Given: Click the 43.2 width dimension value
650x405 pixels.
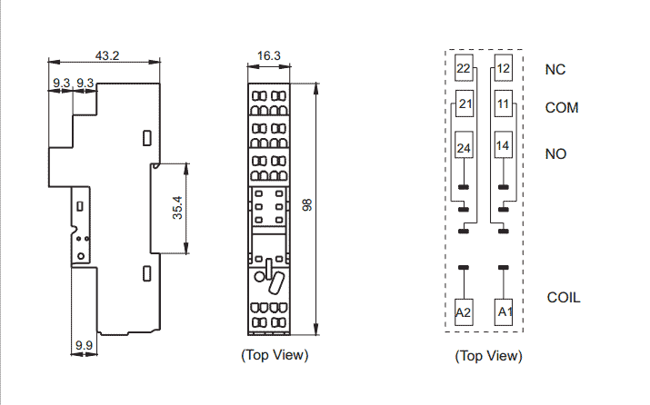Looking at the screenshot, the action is click(x=107, y=55).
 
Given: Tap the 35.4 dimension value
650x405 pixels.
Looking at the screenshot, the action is click(x=177, y=208).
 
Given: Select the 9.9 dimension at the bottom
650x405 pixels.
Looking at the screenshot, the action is click(x=85, y=345).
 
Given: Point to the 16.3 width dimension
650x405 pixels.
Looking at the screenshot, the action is click(x=268, y=55).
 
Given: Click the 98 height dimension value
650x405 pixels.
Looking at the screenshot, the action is click(x=307, y=205).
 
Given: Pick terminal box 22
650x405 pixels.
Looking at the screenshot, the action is click(x=464, y=68).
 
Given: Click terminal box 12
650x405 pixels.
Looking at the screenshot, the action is click(x=504, y=68).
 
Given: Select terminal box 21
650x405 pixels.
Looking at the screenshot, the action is click(x=465, y=104).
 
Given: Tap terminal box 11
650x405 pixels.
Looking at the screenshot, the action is click(x=504, y=104).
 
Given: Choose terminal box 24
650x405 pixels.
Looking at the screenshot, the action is click(x=464, y=145).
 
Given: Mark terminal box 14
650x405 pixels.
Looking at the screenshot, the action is click(x=504, y=145).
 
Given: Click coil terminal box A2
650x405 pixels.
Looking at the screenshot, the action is click(x=464, y=312).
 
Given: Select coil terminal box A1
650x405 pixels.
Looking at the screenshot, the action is click(x=504, y=312).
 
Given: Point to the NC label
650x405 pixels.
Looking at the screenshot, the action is click(x=555, y=70).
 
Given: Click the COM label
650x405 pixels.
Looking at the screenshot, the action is click(x=562, y=108).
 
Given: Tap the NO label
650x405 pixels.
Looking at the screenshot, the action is click(x=555, y=154).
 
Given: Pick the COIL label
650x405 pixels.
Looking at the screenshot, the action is click(x=564, y=297).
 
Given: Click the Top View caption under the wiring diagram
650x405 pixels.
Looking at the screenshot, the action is click(x=488, y=356).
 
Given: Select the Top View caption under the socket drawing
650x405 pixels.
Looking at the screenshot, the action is click(x=275, y=355).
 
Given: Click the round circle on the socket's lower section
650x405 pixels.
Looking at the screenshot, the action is click(x=259, y=277).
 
